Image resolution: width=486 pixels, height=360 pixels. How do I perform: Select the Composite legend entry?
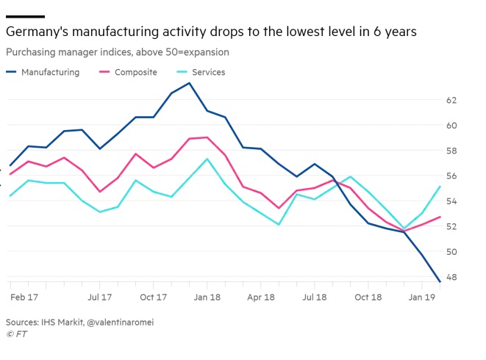[135, 72]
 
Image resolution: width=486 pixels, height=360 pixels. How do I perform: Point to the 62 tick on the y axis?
[451, 100]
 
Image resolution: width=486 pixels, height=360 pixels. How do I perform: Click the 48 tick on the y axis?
[451, 277]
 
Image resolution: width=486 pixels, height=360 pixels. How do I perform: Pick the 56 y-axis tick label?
[451, 176]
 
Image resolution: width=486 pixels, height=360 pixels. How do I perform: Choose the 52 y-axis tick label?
[451, 226]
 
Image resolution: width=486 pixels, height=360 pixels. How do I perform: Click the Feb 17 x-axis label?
[24, 298]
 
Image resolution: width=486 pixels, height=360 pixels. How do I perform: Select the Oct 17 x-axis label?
[153, 298]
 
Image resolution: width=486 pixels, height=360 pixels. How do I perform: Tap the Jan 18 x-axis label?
[207, 298]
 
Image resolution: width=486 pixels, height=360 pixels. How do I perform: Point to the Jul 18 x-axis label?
[315, 298]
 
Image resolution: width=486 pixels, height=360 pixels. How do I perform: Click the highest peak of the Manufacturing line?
[190, 83]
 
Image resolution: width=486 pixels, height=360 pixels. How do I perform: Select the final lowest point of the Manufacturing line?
[440, 281]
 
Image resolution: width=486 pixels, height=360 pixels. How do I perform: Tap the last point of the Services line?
[440, 187]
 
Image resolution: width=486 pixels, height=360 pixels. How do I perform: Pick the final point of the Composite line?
[440, 217]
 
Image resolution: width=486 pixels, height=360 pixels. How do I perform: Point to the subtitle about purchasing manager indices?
[117, 52]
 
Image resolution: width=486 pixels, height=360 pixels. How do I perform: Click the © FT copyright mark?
[15, 334]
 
